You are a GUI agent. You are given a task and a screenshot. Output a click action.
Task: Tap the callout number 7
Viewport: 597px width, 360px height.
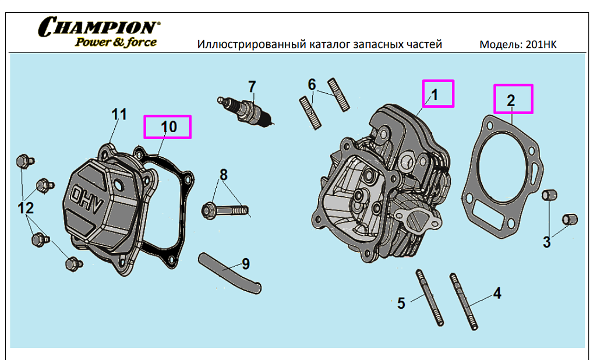point(252,87)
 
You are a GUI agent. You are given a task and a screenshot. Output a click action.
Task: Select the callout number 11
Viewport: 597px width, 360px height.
point(119,114)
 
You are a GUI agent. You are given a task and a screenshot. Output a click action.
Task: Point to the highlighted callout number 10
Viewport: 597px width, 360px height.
point(168,126)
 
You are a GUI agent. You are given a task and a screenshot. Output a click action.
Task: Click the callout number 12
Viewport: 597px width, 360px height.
point(26,207)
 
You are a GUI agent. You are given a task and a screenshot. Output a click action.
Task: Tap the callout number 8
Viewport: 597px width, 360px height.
point(223,174)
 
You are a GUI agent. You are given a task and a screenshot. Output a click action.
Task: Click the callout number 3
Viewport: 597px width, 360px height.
point(546,242)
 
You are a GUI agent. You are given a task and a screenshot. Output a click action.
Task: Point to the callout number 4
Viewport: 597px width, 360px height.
point(497,293)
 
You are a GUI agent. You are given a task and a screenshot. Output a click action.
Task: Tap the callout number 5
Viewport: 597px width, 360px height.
point(401,303)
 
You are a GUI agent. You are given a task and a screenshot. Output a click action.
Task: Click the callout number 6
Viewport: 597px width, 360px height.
point(312,84)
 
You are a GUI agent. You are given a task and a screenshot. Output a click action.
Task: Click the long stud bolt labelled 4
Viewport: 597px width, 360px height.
point(464,301)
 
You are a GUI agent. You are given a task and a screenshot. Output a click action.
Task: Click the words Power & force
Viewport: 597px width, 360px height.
point(116,42)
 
